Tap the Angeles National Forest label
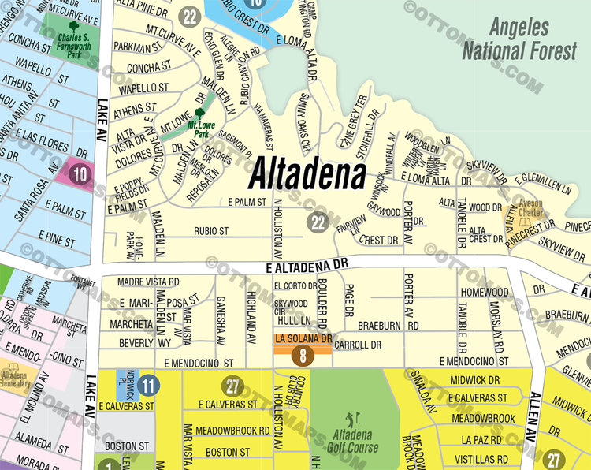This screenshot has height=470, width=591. coord(519,39)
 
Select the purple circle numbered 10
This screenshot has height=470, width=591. coord(80,173)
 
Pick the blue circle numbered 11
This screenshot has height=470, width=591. coord(146,386)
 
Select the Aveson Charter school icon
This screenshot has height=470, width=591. coord(514,211)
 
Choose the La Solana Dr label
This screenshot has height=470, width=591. coord(303,338)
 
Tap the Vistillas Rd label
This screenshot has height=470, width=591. coord(485,459)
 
